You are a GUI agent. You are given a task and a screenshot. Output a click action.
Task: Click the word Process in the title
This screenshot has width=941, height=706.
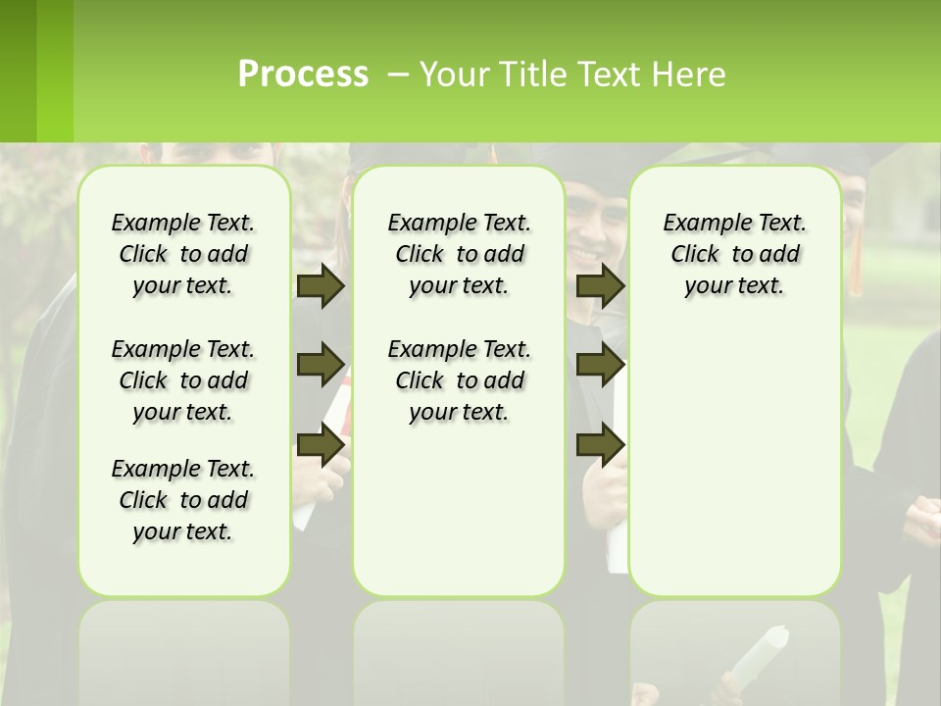(303, 74)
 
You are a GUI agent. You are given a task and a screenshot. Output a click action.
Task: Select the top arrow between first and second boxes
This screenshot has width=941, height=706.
(320, 286)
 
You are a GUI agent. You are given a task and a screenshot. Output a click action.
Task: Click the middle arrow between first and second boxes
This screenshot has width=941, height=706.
(320, 365)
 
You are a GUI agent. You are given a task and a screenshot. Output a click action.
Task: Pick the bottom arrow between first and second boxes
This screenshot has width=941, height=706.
(320, 445)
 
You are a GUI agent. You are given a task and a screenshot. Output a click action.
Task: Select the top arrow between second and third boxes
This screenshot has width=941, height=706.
(600, 286)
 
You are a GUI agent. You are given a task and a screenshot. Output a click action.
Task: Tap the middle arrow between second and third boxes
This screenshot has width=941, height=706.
(600, 365)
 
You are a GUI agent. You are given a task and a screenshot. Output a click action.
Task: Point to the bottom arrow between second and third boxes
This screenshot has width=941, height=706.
(600, 445)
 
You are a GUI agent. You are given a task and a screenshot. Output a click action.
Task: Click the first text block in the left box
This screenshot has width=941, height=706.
(183, 254)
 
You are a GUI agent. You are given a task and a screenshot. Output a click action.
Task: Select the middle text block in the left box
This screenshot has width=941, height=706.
(183, 380)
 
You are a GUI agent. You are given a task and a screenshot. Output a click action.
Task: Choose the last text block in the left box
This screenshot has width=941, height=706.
(183, 500)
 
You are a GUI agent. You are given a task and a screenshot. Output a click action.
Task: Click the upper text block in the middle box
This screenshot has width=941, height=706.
(459, 254)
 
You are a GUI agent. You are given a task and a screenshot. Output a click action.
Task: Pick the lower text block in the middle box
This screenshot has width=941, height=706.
(459, 380)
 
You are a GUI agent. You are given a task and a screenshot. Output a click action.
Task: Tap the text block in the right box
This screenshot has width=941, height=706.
(734, 254)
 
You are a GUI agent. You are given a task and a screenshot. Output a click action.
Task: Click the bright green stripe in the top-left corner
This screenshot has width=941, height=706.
(55, 71)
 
